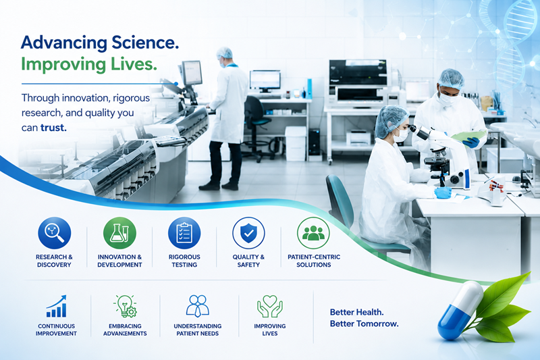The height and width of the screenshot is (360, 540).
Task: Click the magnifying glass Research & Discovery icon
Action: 55,233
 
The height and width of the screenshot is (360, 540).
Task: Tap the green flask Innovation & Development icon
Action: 119,233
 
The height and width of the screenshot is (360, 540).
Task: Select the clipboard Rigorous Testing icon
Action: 184,233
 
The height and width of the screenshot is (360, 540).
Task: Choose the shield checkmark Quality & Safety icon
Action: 248,233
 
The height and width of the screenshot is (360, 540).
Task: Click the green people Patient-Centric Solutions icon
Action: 313,233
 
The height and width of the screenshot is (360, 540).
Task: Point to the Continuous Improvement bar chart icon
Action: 57,306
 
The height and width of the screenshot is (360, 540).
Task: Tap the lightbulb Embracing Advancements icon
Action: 125,306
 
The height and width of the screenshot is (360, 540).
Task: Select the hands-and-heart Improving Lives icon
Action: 270,306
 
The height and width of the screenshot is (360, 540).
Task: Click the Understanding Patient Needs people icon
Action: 198,306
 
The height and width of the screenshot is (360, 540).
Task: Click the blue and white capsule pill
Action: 460,311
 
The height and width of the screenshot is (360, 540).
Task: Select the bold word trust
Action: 53,128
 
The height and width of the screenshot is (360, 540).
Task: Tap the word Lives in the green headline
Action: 134,64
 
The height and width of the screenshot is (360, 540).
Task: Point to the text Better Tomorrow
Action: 364,324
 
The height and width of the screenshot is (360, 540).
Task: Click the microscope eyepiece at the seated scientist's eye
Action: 412,128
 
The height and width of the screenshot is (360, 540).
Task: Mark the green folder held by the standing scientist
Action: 468,136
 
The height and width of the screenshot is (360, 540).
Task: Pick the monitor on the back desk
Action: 265,81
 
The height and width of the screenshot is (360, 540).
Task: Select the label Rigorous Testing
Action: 184,261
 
